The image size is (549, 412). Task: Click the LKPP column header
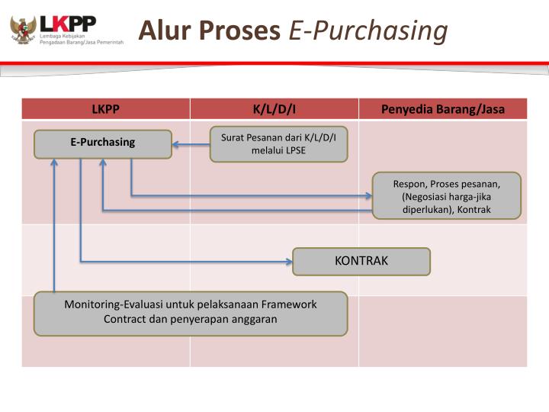[x=106, y=109]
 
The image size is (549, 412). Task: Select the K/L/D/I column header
[x=274, y=109]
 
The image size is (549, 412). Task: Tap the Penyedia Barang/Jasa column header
[x=443, y=109]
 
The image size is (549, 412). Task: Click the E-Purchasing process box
[x=103, y=143]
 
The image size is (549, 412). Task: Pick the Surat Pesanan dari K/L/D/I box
[x=278, y=143]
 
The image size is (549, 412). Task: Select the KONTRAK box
[x=361, y=261]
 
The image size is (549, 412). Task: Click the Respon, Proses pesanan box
[x=446, y=195]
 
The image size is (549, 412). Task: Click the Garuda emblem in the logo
[x=23, y=29]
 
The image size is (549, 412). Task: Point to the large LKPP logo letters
[x=69, y=24]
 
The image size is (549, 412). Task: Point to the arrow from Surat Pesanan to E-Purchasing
[x=191, y=143]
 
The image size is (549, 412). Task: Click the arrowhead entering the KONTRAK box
[x=289, y=262]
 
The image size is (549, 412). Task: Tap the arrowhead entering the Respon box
[x=368, y=195]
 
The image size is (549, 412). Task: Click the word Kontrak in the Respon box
[x=474, y=209]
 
